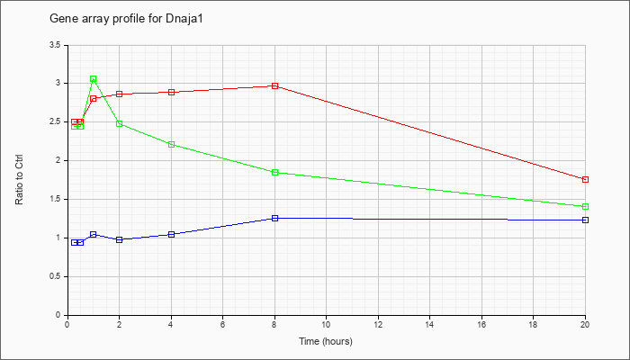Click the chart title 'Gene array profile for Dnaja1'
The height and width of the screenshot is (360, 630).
(126, 19)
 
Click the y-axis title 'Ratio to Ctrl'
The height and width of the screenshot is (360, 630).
(19, 180)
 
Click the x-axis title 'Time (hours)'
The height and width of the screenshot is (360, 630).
(326, 341)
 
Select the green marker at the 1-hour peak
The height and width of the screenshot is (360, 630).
(94, 79)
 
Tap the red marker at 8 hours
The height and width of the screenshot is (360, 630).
(274, 86)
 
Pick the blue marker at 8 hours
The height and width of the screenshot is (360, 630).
(274, 218)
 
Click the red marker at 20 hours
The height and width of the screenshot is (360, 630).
(585, 180)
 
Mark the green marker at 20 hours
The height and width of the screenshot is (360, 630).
(585, 206)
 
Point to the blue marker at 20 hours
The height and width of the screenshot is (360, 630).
(585, 220)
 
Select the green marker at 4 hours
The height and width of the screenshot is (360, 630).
(172, 145)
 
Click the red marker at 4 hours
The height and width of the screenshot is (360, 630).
(172, 92)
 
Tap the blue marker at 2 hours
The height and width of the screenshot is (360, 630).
(120, 240)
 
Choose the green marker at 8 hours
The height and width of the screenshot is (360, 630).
(274, 173)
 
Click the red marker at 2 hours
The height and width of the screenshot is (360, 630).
(120, 94)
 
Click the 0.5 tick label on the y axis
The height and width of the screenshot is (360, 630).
(55, 277)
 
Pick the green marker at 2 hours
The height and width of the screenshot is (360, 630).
(120, 124)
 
